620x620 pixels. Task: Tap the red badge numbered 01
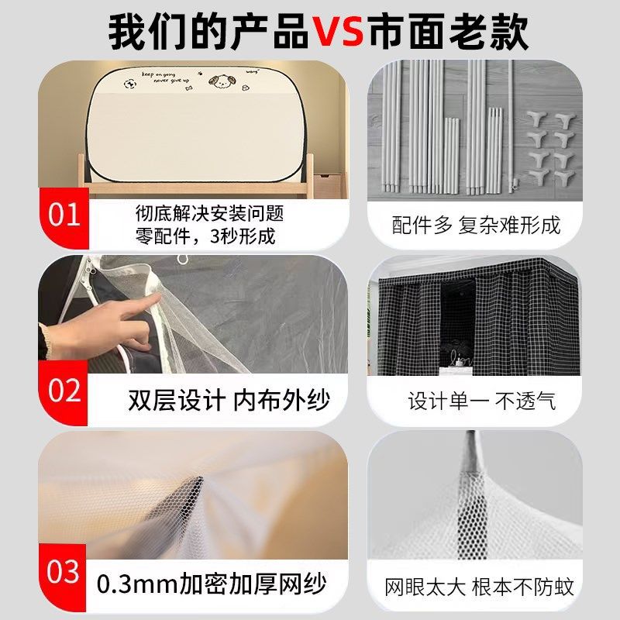pos(64,214)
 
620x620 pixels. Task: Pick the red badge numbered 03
pos(64,573)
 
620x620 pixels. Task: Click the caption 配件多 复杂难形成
pos(475,226)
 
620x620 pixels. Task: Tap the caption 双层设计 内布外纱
pos(229,400)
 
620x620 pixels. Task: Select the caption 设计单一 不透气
pos(481,401)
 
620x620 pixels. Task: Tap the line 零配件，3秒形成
pos(204,236)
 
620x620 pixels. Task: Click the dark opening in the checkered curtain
pos(456,325)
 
